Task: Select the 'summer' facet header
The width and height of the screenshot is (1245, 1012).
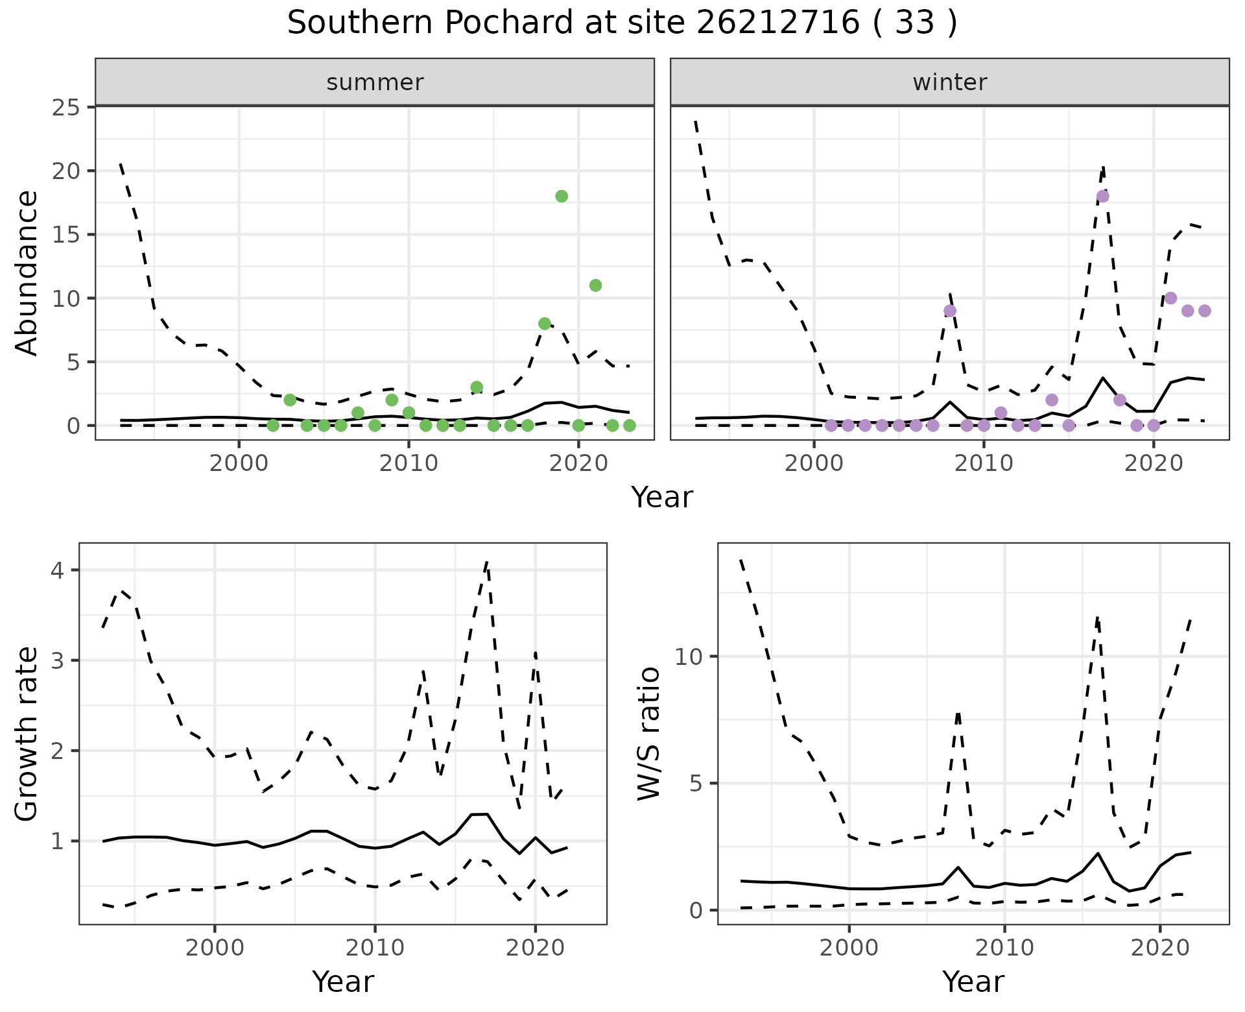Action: pyautogui.click(x=375, y=82)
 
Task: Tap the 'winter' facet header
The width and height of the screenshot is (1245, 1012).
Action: pyautogui.click(x=949, y=82)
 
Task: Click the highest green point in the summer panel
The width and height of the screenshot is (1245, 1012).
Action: pyautogui.click(x=562, y=197)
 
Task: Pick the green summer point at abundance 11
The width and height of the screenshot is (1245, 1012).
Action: pyautogui.click(x=595, y=285)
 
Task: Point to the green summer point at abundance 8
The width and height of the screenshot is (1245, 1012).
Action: pyautogui.click(x=545, y=324)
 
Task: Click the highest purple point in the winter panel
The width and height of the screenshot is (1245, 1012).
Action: pyautogui.click(x=1102, y=197)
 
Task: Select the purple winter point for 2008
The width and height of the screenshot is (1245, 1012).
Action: pyautogui.click(x=950, y=311)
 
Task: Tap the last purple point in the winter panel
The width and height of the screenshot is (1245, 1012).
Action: pyautogui.click(x=1204, y=311)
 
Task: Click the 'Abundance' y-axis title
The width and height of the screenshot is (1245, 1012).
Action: pyautogui.click(x=27, y=273)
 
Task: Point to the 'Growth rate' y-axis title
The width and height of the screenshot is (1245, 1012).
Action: pyautogui.click(x=27, y=734)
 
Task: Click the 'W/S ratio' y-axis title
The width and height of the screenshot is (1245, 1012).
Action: pyautogui.click(x=648, y=734)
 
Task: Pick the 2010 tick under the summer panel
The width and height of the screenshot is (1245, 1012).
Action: pyautogui.click(x=409, y=464)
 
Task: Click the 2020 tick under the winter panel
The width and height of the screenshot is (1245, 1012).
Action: pyautogui.click(x=1154, y=464)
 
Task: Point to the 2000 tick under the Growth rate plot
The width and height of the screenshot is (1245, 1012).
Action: pyautogui.click(x=215, y=948)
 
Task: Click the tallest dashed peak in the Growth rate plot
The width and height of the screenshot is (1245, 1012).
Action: pyautogui.click(x=486, y=562)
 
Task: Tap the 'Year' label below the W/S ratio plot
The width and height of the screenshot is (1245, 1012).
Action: pyautogui.click(x=973, y=982)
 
